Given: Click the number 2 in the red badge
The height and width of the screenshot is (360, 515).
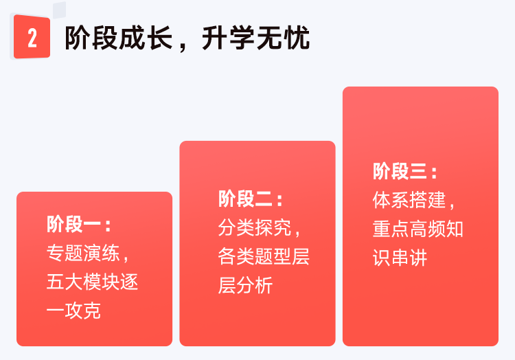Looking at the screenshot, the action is [x=32, y=38].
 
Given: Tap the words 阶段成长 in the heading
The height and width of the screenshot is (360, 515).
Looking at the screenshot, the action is [x=119, y=38].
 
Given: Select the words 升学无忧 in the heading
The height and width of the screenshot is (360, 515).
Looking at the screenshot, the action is [x=255, y=38].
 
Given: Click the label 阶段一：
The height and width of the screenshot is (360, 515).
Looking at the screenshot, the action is [x=79, y=225].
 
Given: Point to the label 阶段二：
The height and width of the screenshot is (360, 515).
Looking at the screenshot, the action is [x=250, y=199].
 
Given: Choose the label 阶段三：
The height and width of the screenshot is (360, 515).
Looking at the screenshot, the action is [x=405, y=171].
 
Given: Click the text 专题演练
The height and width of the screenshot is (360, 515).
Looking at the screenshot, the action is [x=83, y=253].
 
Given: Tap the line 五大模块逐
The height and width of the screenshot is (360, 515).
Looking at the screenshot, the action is [x=92, y=282].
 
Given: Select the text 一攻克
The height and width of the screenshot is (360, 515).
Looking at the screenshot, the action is [x=73, y=311].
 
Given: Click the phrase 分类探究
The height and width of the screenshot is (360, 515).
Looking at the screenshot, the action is [x=255, y=227].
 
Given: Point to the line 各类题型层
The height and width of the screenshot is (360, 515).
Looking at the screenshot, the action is [x=264, y=256].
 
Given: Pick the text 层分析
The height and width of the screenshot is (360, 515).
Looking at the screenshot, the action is [x=245, y=285].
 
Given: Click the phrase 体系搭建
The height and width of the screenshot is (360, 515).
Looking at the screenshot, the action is [x=409, y=200].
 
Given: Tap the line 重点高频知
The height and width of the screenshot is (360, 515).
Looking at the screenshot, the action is [x=418, y=229].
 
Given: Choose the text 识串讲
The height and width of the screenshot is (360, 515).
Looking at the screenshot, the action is [x=400, y=257].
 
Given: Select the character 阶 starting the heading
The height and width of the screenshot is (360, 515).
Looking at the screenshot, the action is [x=78, y=38].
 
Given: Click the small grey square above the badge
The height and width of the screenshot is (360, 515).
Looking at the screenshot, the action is [x=60, y=10].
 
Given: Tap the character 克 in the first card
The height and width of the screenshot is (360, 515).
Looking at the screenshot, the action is [x=92, y=311].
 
